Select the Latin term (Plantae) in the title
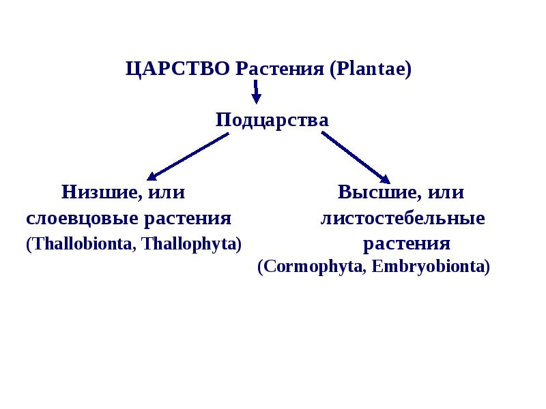click(x=370, y=69)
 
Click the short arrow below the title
click(x=256, y=91)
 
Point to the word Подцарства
click(x=272, y=121)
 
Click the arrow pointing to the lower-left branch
click(x=188, y=156)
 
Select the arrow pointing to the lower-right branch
click(x=355, y=156)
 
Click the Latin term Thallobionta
click(x=78, y=244)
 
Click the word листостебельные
click(x=403, y=219)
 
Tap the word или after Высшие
click(x=447, y=192)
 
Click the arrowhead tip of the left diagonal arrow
click(x=149, y=179)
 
